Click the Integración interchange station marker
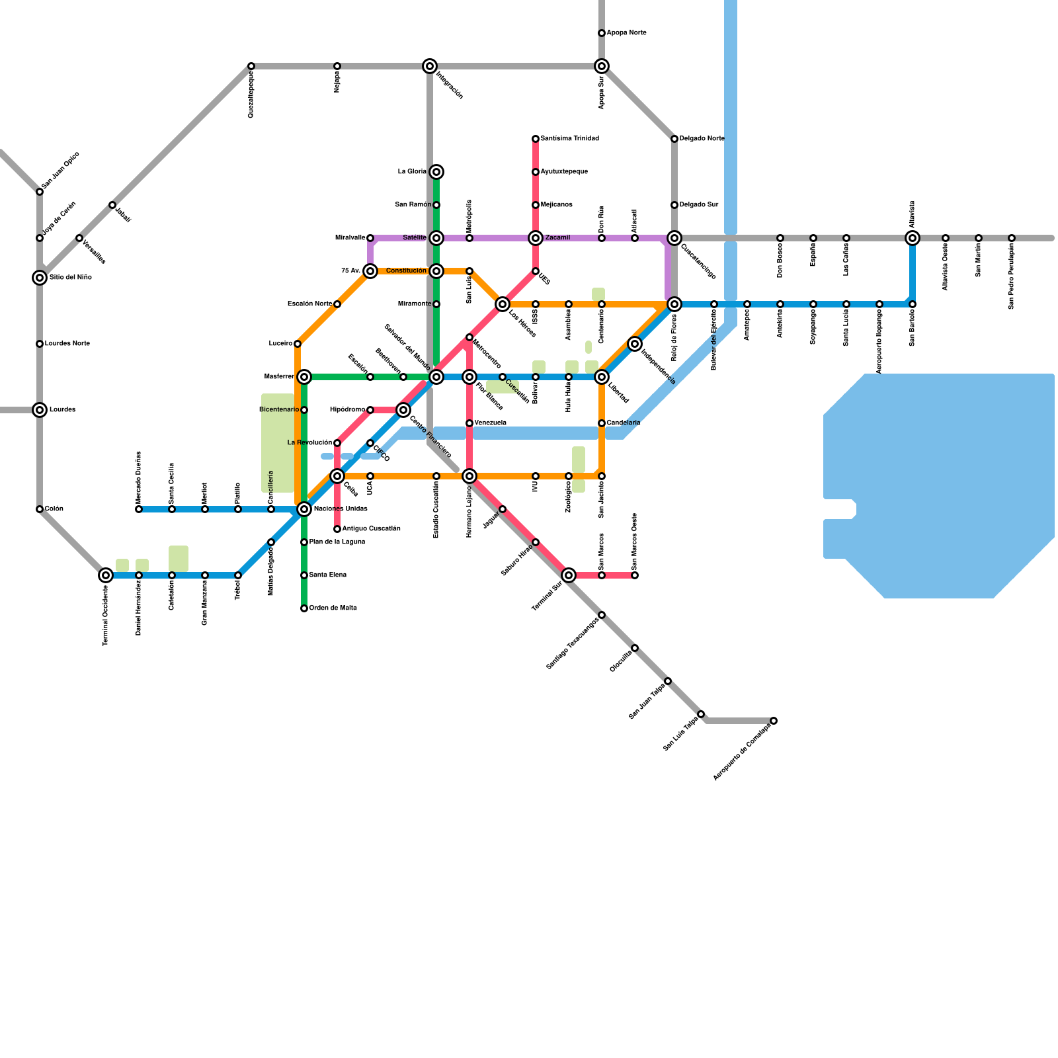tap(430, 66)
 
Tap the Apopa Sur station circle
tap(602, 66)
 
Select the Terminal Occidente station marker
tap(106, 575)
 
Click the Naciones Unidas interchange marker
tap(304, 509)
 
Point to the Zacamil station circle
tap(536, 238)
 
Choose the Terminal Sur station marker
tap(569, 575)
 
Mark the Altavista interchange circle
tap(913, 238)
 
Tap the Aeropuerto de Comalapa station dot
tap(774, 721)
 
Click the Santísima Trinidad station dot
tap(536, 139)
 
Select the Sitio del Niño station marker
tap(40, 278)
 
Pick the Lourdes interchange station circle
tap(40, 410)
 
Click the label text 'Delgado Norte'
tap(702, 139)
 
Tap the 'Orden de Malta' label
tap(333, 608)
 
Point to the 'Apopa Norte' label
tap(626, 33)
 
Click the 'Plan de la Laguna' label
tap(337, 542)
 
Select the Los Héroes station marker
tap(503, 304)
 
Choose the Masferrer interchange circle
tap(304, 377)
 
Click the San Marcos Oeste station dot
tap(635, 575)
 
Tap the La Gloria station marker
tap(436, 172)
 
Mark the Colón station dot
tap(40, 509)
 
